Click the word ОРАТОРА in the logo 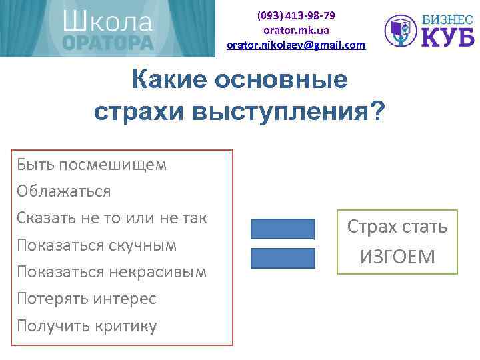click(x=107, y=43)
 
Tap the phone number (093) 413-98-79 click(x=296, y=15)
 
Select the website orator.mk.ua click(x=296, y=30)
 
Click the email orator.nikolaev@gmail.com click(x=296, y=45)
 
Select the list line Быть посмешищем click(x=92, y=165)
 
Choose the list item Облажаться click(x=64, y=191)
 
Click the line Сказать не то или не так click(x=112, y=218)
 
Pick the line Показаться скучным click(x=97, y=245)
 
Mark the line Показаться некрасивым click(x=112, y=272)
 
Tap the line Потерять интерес click(x=87, y=299)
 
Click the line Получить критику click(x=87, y=325)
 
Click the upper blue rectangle click(x=283, y=229)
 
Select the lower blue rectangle click(x=283, y=258)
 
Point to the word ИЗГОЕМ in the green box click(x=397, y=256)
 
